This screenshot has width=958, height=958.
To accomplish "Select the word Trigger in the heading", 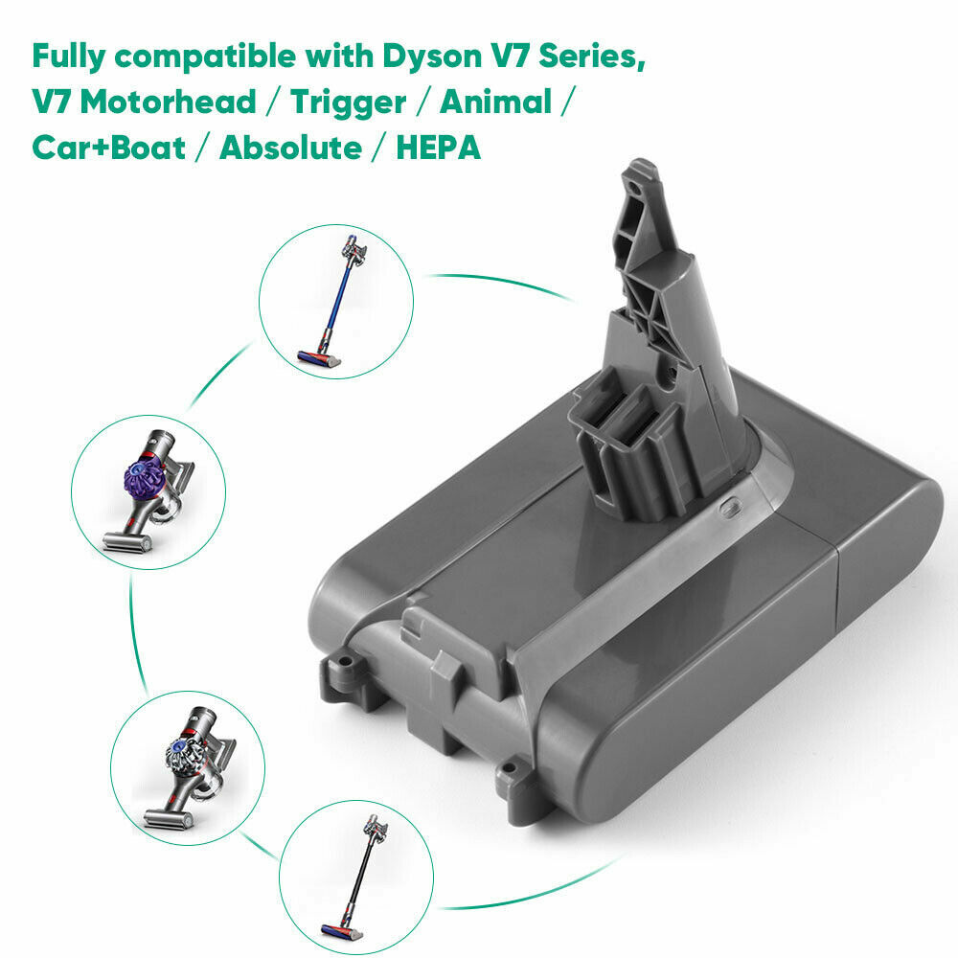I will click(347, 102).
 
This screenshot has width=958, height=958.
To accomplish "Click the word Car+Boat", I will click(109, 148).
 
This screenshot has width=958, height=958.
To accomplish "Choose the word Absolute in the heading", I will click(291, 148).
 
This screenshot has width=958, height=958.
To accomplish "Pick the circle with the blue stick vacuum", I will click(336, 301).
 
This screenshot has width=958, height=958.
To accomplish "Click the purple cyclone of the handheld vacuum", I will click(142, 471).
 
